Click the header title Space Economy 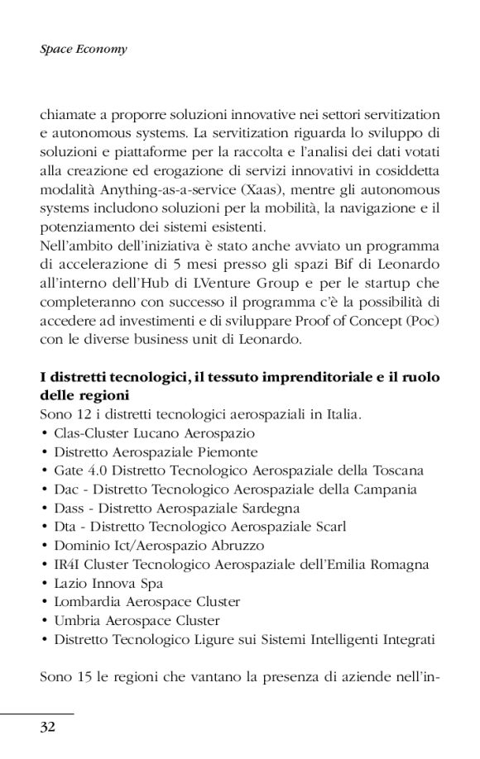[84, 50]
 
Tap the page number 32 [48, 727]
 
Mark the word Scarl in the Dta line [326, 525]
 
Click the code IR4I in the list [68, 564]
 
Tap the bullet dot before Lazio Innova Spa [43, 583]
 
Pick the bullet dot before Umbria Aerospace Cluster [43, 619]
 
